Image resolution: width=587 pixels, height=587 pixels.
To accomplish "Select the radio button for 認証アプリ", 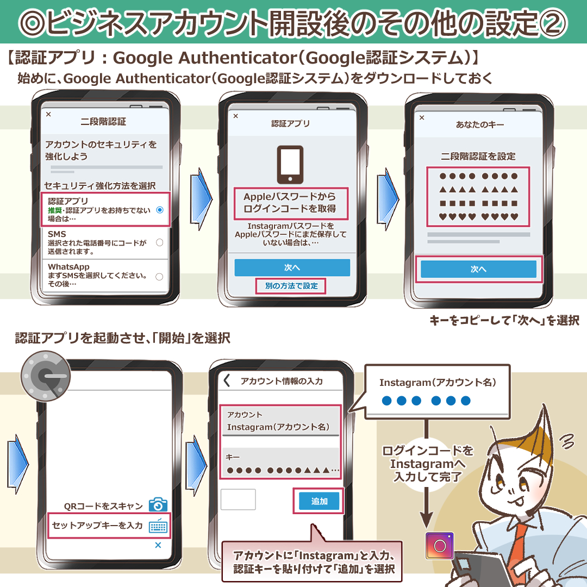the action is [x=160, y=210].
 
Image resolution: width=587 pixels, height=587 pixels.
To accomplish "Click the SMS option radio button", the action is [x=159, y=242].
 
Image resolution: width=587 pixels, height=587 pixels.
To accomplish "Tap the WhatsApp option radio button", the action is [x=159, y=277].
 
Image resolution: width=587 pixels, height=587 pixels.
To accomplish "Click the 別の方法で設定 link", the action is [x=291, y=286].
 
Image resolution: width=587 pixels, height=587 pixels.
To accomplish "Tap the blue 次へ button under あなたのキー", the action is [x=478, y=269].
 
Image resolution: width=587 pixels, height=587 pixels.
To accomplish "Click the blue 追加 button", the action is [x=319, y=501].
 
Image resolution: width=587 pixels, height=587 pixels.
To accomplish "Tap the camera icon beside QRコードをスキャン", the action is [x=158, y=504].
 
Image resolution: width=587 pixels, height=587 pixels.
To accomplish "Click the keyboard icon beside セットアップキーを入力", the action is [x=158, y=526].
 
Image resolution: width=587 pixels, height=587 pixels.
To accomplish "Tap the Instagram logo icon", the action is [x=440, y=546].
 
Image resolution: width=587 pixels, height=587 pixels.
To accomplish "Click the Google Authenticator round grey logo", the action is [x=45, y=376].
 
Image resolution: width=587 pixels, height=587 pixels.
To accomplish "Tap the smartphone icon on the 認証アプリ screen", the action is [x=290, y=165].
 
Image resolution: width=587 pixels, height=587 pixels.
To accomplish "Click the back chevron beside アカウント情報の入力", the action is [x=227, y=380].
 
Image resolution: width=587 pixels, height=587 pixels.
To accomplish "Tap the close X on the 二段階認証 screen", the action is [x=48, y=114].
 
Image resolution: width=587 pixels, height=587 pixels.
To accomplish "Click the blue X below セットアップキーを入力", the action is [x=158, y=545].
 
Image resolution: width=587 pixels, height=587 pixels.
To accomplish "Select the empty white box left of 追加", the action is [x=238, y=499].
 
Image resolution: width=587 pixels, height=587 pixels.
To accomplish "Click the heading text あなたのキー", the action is [x=480, y=124].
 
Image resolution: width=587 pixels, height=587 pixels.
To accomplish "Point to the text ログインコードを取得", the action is [x=290, y=209].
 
